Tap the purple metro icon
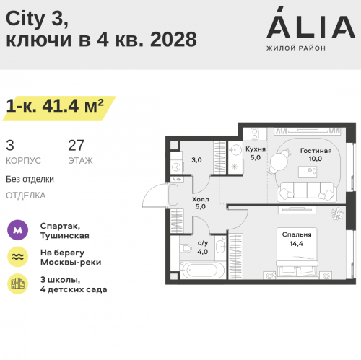coord(17,230)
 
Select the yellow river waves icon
coord(17,257)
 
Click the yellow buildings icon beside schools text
coord(17,284)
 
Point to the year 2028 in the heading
coord(173,39)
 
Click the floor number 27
coord(76,145)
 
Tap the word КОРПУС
coord(24,161)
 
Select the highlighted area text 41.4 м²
coord(73,106)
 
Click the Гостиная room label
coord(316,151)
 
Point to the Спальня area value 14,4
coord(296,244)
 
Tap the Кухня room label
coord(256,149)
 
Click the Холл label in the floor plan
coord(201,199)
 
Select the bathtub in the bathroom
coord(202,270)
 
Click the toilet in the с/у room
coord(186,247)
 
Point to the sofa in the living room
coord(307,192)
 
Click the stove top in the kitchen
coord(255,134)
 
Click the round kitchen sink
coord(235,150)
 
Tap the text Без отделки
coord(30,179)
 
